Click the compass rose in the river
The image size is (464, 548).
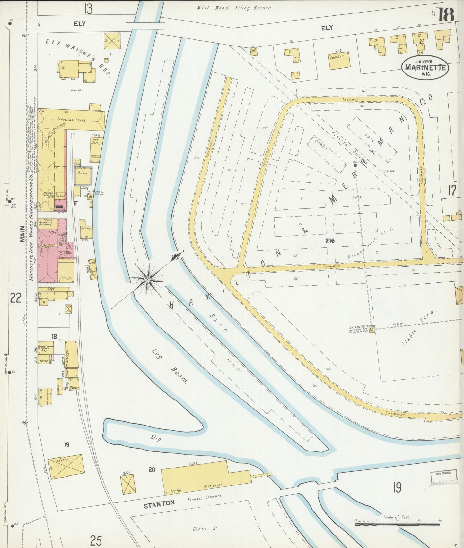pos(147,280)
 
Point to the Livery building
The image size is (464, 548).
pos(66,467)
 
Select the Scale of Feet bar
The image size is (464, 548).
pos(397,524)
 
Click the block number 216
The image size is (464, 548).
pos(329,241)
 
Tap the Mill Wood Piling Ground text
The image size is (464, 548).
pos(234,8)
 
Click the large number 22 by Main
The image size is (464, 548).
pos(15,298)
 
